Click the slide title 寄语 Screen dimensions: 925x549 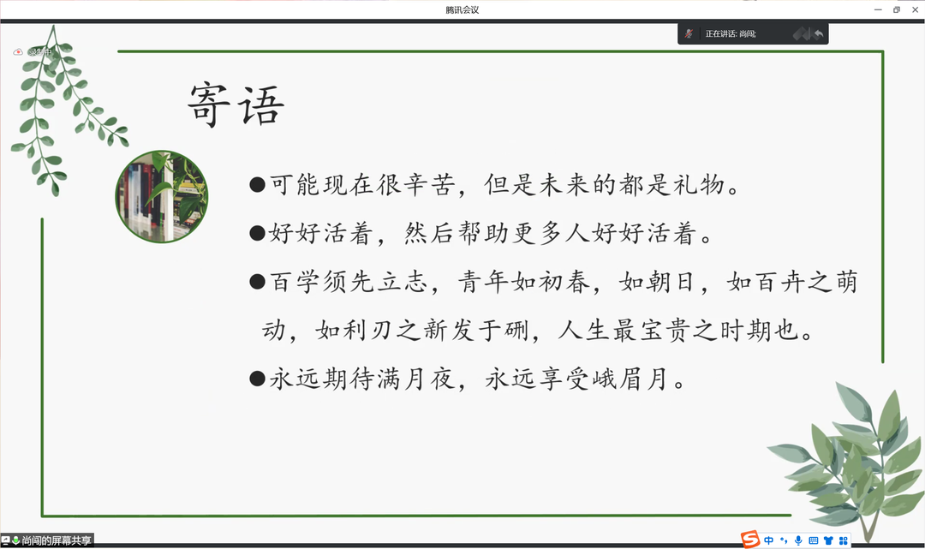pyautogui.click(x=236, y=104)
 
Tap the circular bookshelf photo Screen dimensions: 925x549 pyautogui.click(x=162, y=196)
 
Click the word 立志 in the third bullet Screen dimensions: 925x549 pyautogui.click(x=403, y=282)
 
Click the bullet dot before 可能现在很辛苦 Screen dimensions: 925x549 pyautogui.click(x=257, y=185)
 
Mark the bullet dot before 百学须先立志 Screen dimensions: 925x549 pyautogui.click(x=257, y=281)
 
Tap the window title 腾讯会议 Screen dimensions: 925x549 pyautogui.click(x=462, y=10)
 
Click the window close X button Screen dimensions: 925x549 pyautogui.click(x=915, y=10)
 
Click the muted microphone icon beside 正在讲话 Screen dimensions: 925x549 pyautogui.click(x=689, y=33)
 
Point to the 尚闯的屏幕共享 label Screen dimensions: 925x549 pyautogui.click(x=57, y=540)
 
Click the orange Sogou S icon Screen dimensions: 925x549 pyautogui.click(x=750, y=539)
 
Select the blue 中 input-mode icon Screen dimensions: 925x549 pyautogui.click(x=768, y=540)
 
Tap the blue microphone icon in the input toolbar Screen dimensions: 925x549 pyautogui.click(x=798, y=540)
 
